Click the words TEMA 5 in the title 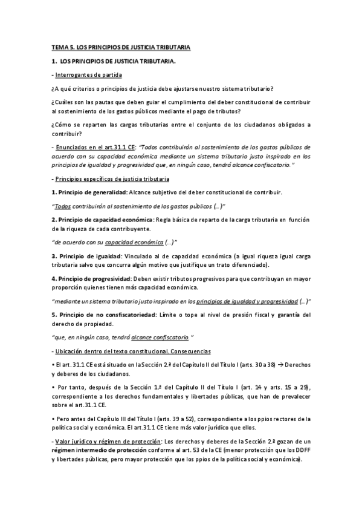click(x=62, y=47)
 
